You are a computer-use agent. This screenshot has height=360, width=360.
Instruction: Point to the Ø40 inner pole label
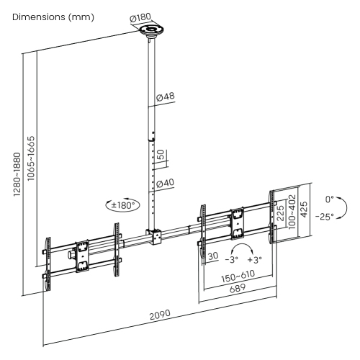166,184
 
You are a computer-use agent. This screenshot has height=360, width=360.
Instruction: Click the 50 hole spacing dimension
161,155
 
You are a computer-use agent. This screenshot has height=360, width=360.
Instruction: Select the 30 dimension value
213,255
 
